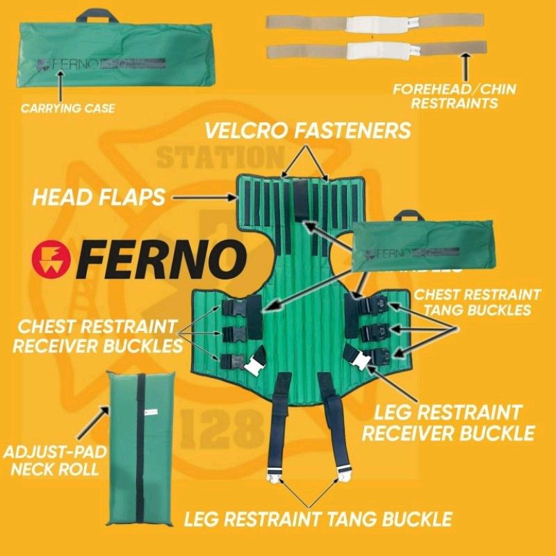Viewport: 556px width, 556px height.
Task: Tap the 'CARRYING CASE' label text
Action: (x=67, y=108)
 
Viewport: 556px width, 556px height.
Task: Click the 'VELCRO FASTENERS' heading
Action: (x=306, y=130)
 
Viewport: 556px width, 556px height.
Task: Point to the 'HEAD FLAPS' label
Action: (x=99, y=197)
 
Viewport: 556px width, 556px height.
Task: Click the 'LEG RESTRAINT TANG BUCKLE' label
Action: (x=318, y=518)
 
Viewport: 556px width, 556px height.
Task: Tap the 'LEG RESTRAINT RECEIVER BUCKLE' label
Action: (x=448, y=423)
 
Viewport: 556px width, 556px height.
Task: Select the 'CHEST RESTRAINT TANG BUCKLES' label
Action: (x=477, y=302)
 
